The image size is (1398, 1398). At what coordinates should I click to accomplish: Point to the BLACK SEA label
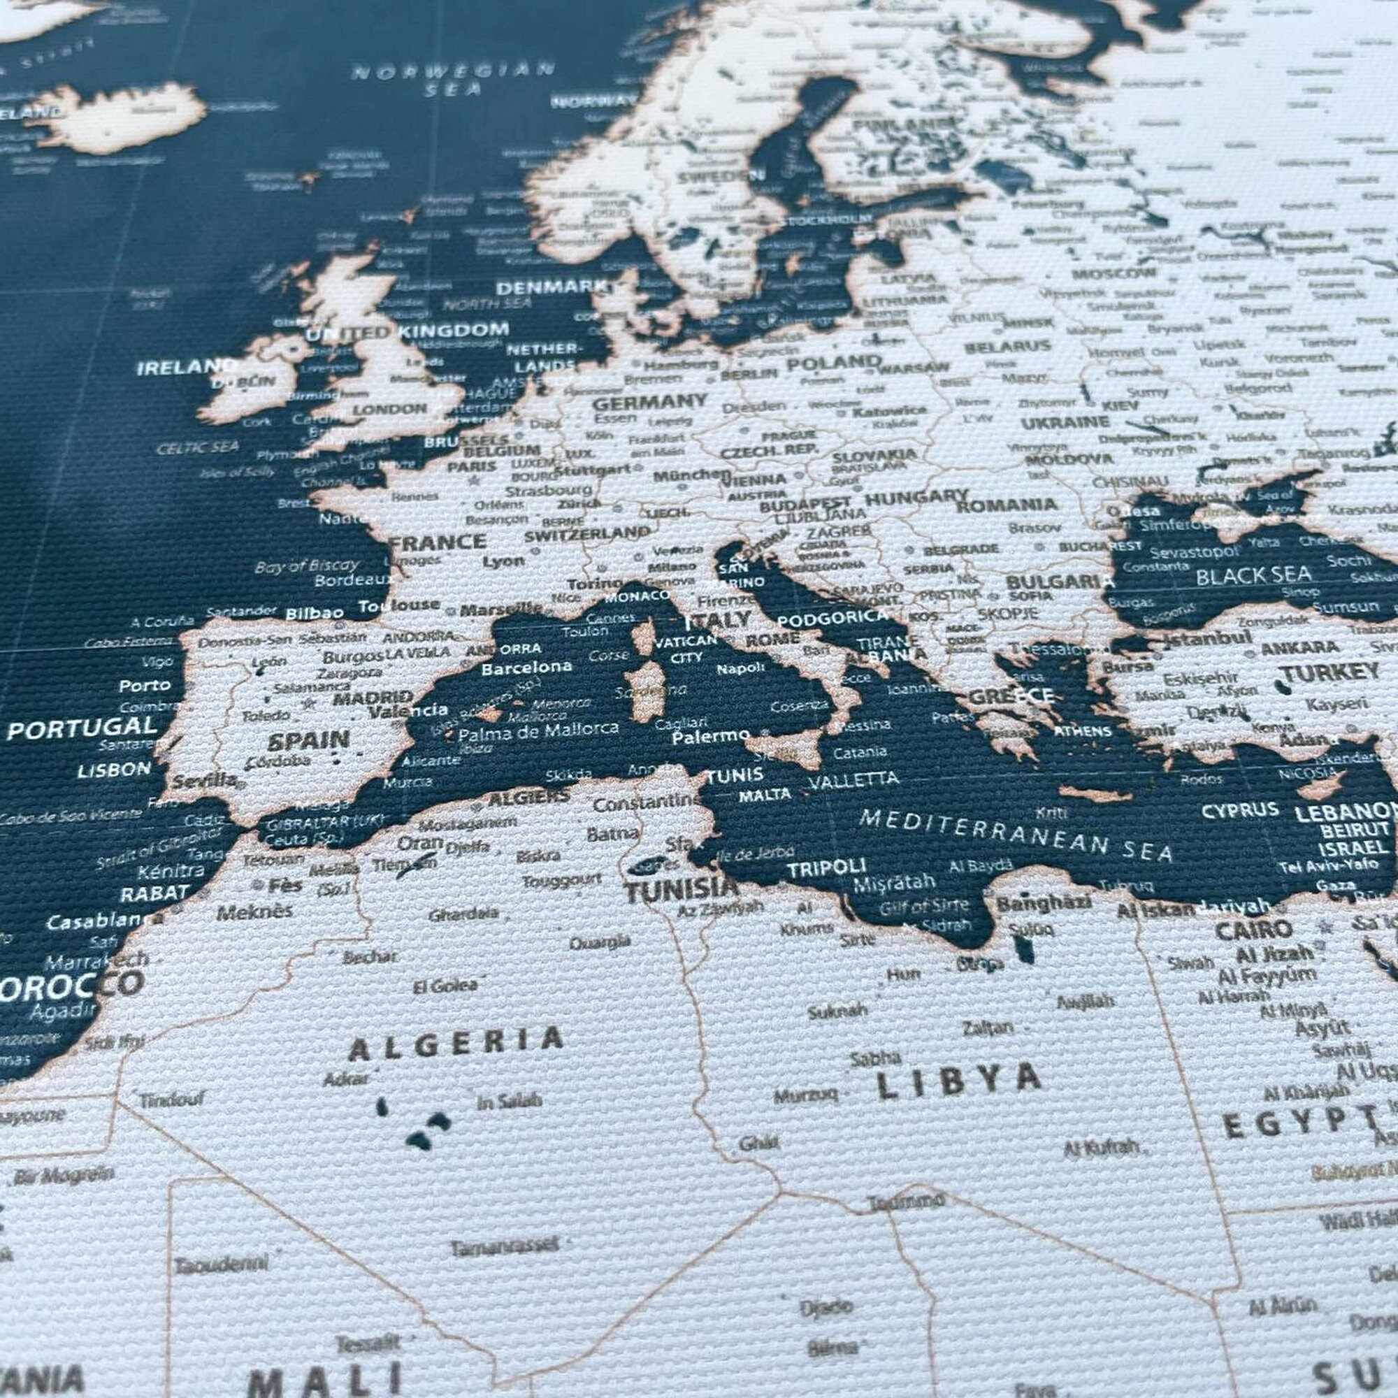pos(1253,575)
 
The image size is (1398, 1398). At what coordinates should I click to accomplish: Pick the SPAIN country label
pos(308,740)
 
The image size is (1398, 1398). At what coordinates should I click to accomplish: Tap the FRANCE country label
pos(438,542)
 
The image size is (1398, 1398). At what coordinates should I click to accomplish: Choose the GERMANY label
pos(649,402)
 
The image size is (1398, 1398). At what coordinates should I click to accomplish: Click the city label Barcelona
pos(526,667)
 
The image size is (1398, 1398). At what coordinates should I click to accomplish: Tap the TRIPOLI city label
pos(826,867)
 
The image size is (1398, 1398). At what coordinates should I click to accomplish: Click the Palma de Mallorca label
pos(539,733)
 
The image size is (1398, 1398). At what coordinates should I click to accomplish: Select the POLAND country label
pos(834,363)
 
